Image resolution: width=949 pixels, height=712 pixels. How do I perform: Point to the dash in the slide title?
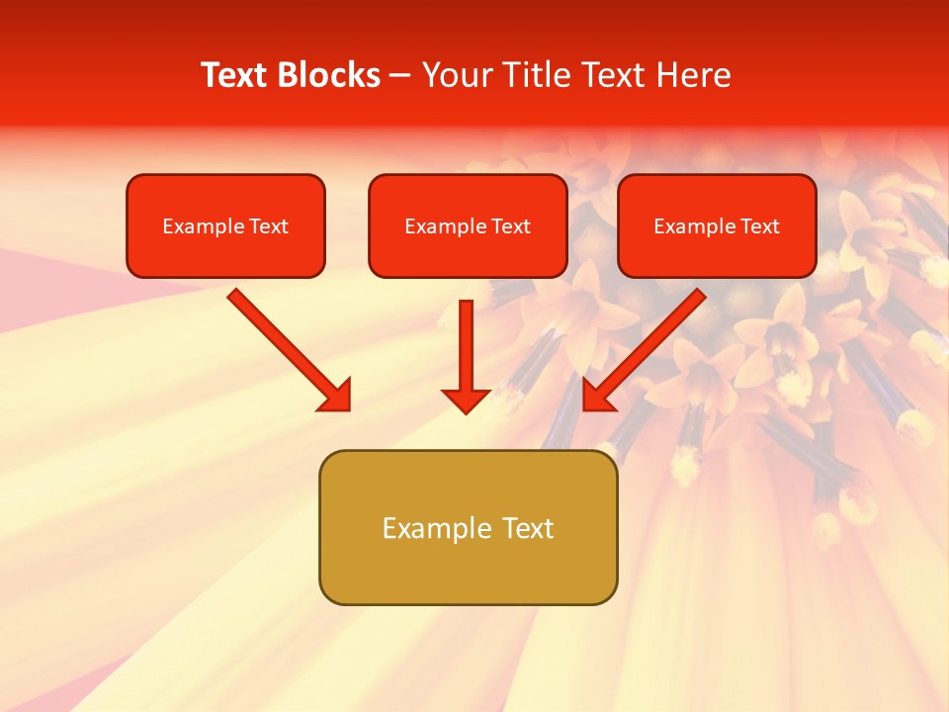400,76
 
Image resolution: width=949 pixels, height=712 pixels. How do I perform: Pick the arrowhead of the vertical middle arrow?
466,400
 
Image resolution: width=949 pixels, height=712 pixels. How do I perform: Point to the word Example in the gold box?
436,528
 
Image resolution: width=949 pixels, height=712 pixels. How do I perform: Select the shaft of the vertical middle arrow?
466,341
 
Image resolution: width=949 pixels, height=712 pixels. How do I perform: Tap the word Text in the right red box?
760,226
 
